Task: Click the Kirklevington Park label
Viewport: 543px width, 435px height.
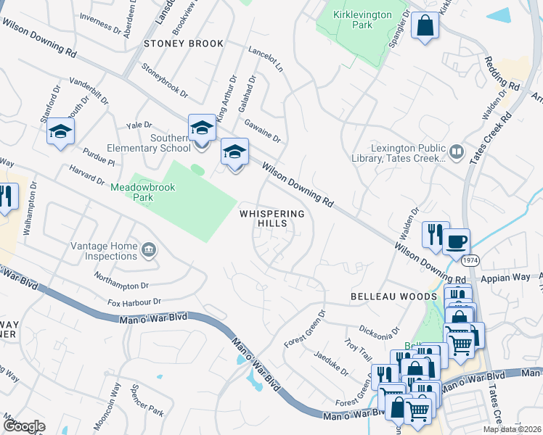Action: tap(362, 20)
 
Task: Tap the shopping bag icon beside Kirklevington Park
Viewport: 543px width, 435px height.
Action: tap(425, 25)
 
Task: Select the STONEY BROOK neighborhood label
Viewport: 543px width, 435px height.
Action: tap(184, 43)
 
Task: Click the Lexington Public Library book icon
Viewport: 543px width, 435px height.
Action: tap(457, 152)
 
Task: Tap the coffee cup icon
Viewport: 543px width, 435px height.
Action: tap(457, 241)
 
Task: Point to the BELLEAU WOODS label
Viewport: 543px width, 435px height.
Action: tap(393, 297)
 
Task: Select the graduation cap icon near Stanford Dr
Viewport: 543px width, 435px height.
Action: tap(61, 131)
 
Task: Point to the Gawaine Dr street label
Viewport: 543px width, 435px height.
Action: tap(263, 130)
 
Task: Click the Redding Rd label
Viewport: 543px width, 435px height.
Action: tap(503, 72)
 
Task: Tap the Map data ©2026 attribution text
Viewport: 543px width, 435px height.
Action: tap(512, 429)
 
